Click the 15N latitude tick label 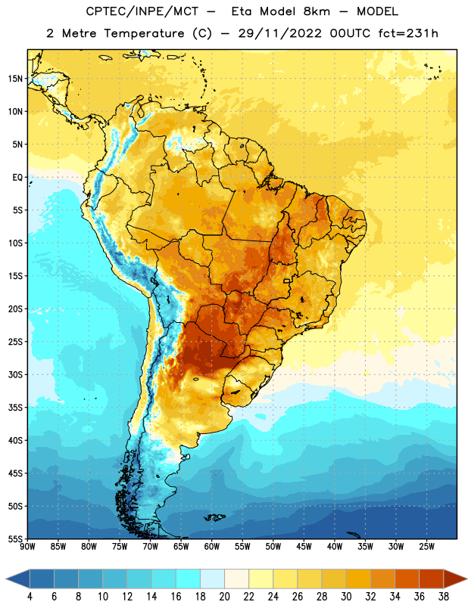15,79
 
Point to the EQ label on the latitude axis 17,178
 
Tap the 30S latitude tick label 15,374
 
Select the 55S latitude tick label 15,538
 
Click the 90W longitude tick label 27,547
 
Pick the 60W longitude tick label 212,547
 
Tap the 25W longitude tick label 426,547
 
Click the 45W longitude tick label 304,547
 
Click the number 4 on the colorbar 30,597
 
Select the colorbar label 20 224,597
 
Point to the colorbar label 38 444,597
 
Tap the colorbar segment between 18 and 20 212,579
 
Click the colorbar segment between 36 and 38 432,579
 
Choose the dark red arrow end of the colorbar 454,579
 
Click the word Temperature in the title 144,33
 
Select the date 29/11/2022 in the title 279,33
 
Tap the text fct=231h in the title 408,33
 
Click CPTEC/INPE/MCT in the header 142,11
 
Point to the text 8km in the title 317,11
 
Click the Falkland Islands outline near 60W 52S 214,517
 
